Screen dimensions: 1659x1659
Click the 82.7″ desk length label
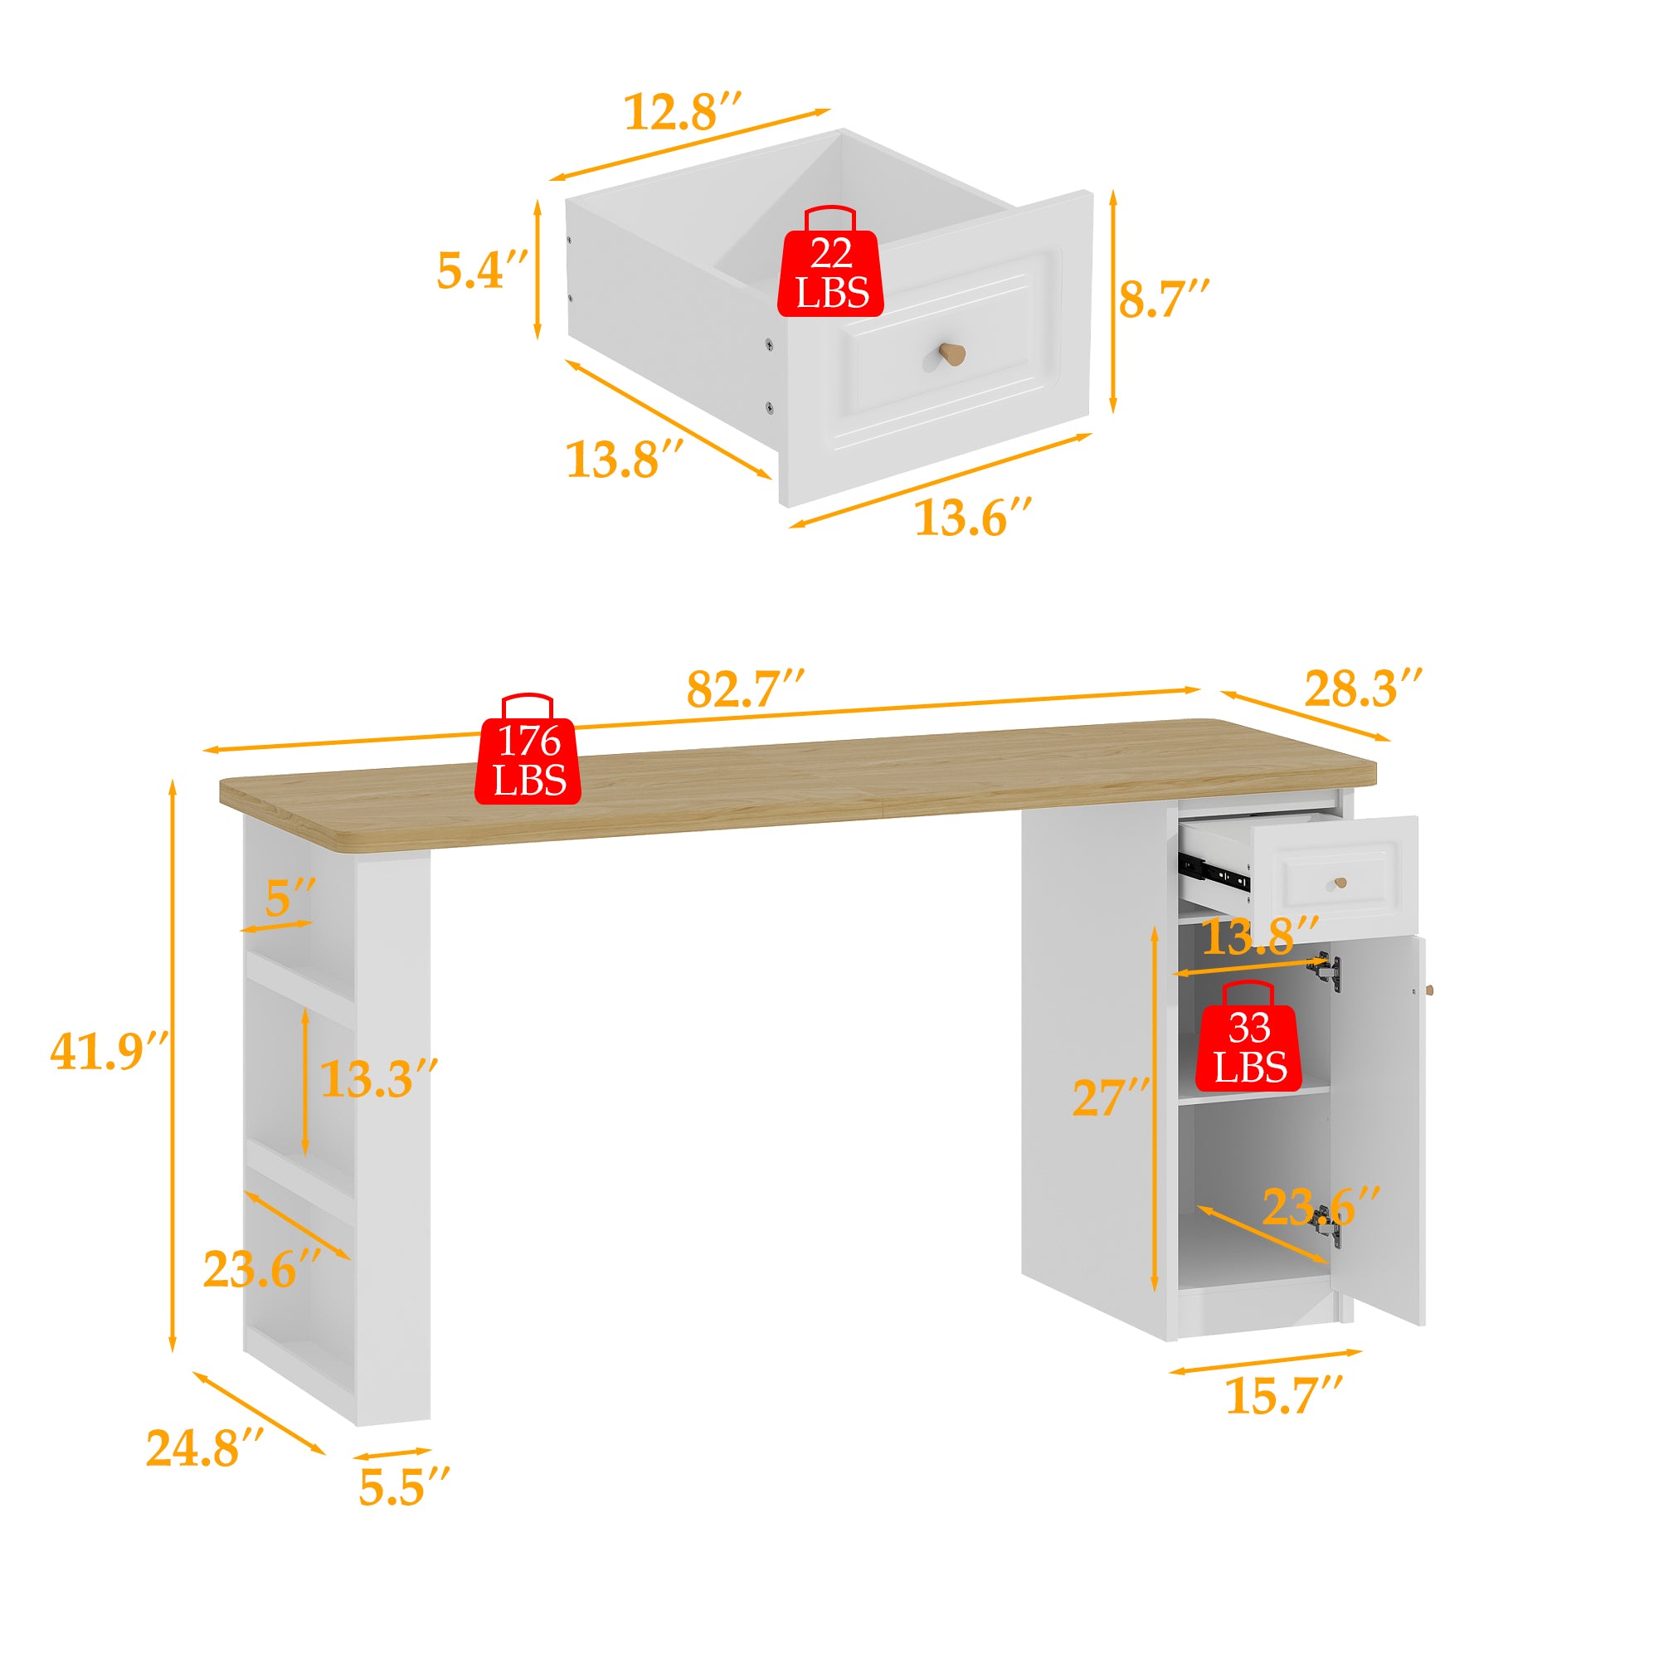click(745, 688)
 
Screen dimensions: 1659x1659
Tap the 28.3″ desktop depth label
click(1363, 688)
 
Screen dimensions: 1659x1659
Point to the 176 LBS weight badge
click(528, 761)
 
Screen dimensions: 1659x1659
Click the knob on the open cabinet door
click(1430, 990)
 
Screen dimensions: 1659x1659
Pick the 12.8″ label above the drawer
click(682, 113)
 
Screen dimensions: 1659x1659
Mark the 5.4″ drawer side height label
click(482, 270)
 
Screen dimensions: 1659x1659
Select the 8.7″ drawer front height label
click(1163, 299)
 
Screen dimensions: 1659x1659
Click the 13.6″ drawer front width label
click(972, 518)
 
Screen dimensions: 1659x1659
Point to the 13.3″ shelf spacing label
click(379, 1078)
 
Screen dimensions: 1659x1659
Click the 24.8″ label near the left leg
click(204, 1447)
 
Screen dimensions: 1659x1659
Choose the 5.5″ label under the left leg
click(404, 1488)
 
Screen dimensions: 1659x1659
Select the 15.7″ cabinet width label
click(1282, 1396)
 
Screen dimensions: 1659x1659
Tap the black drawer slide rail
click(1214, 873)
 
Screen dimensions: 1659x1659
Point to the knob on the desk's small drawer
click(1340, 883)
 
